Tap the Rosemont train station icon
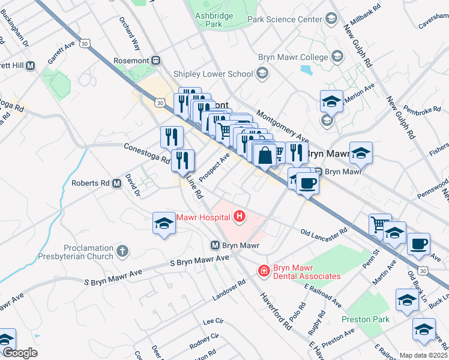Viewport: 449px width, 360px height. point(156,60)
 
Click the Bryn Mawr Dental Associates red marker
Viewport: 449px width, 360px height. point(263,271)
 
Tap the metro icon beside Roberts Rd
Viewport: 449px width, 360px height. point(118,184)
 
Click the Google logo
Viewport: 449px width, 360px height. point(20,353)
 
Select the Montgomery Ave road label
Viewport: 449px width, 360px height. point(281,126)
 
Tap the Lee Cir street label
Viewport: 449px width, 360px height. point(212,322)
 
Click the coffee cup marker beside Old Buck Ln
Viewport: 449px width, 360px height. point(418,244)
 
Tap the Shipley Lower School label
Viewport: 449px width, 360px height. point(213,74)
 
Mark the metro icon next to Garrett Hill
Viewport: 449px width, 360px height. point(30,65)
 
